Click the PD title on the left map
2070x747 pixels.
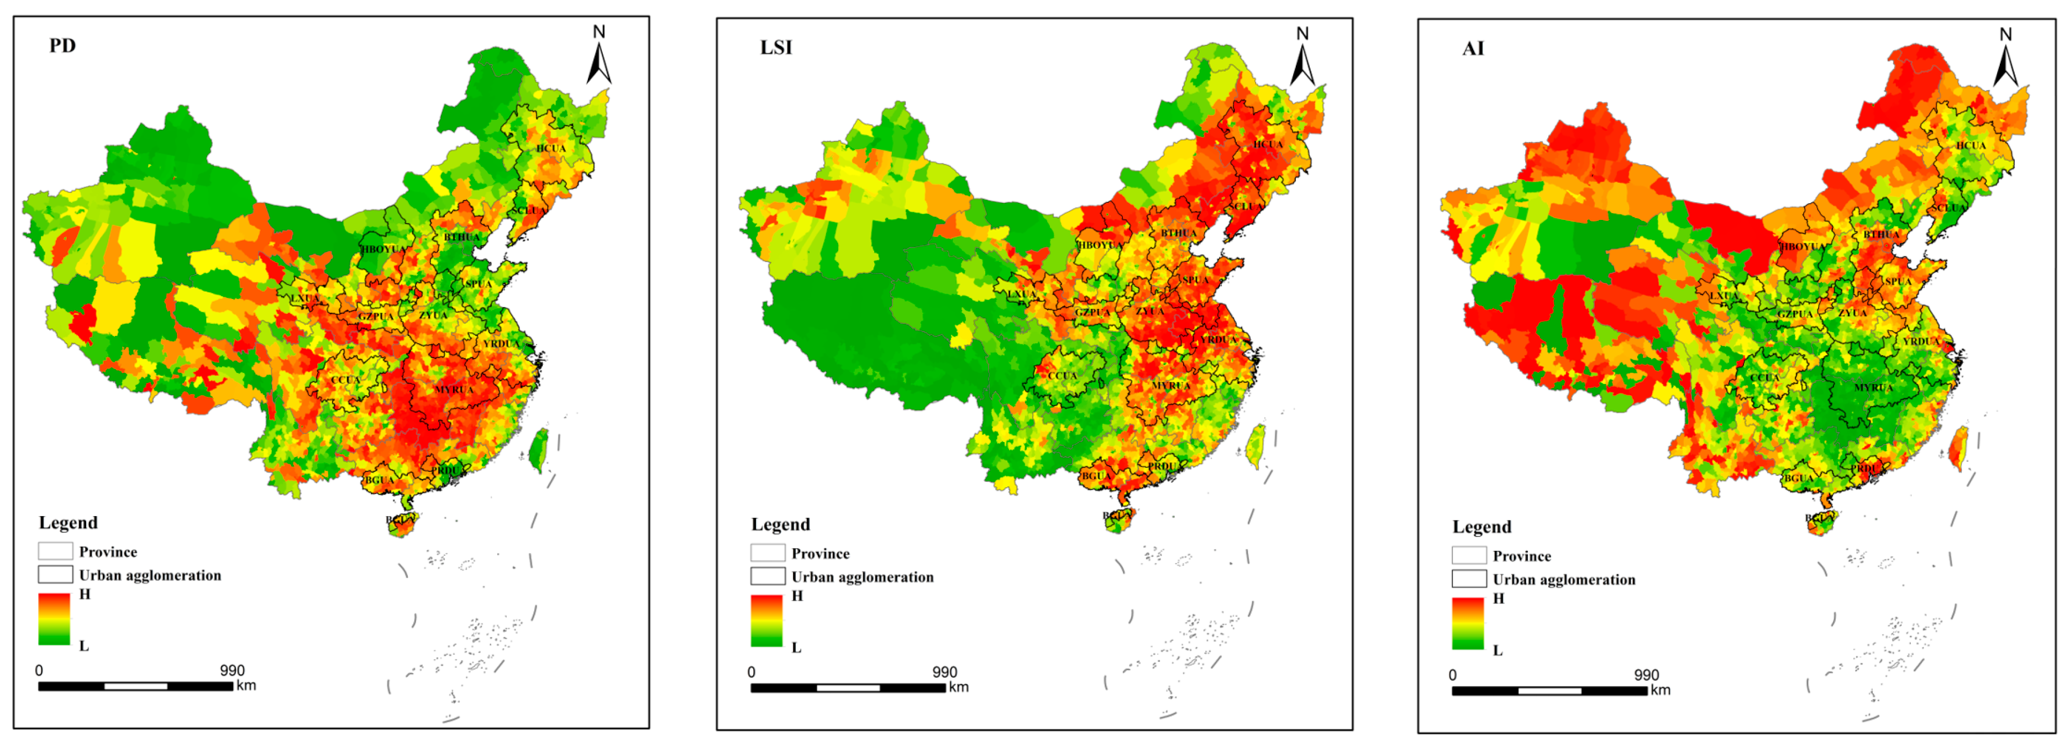tap(62, 46)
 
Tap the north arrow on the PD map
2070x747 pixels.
tap(598, 56)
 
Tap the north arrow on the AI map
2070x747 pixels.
tap(2006, 59)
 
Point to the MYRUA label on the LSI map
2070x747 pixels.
tap(1171, 386)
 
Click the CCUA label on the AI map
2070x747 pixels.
tap(1764, 377)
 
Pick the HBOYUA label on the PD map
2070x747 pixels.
tap(383, 249)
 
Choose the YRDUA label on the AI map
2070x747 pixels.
tap(1921, 341)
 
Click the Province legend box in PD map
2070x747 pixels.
tap(55, 551)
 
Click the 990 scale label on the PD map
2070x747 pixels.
tap(232, 670)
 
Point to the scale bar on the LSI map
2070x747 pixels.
tap(848, 687)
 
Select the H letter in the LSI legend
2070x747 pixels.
tap(797, 596)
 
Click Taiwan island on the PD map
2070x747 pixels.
tap(539, 448)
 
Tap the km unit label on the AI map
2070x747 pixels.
tap(1660, 690)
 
